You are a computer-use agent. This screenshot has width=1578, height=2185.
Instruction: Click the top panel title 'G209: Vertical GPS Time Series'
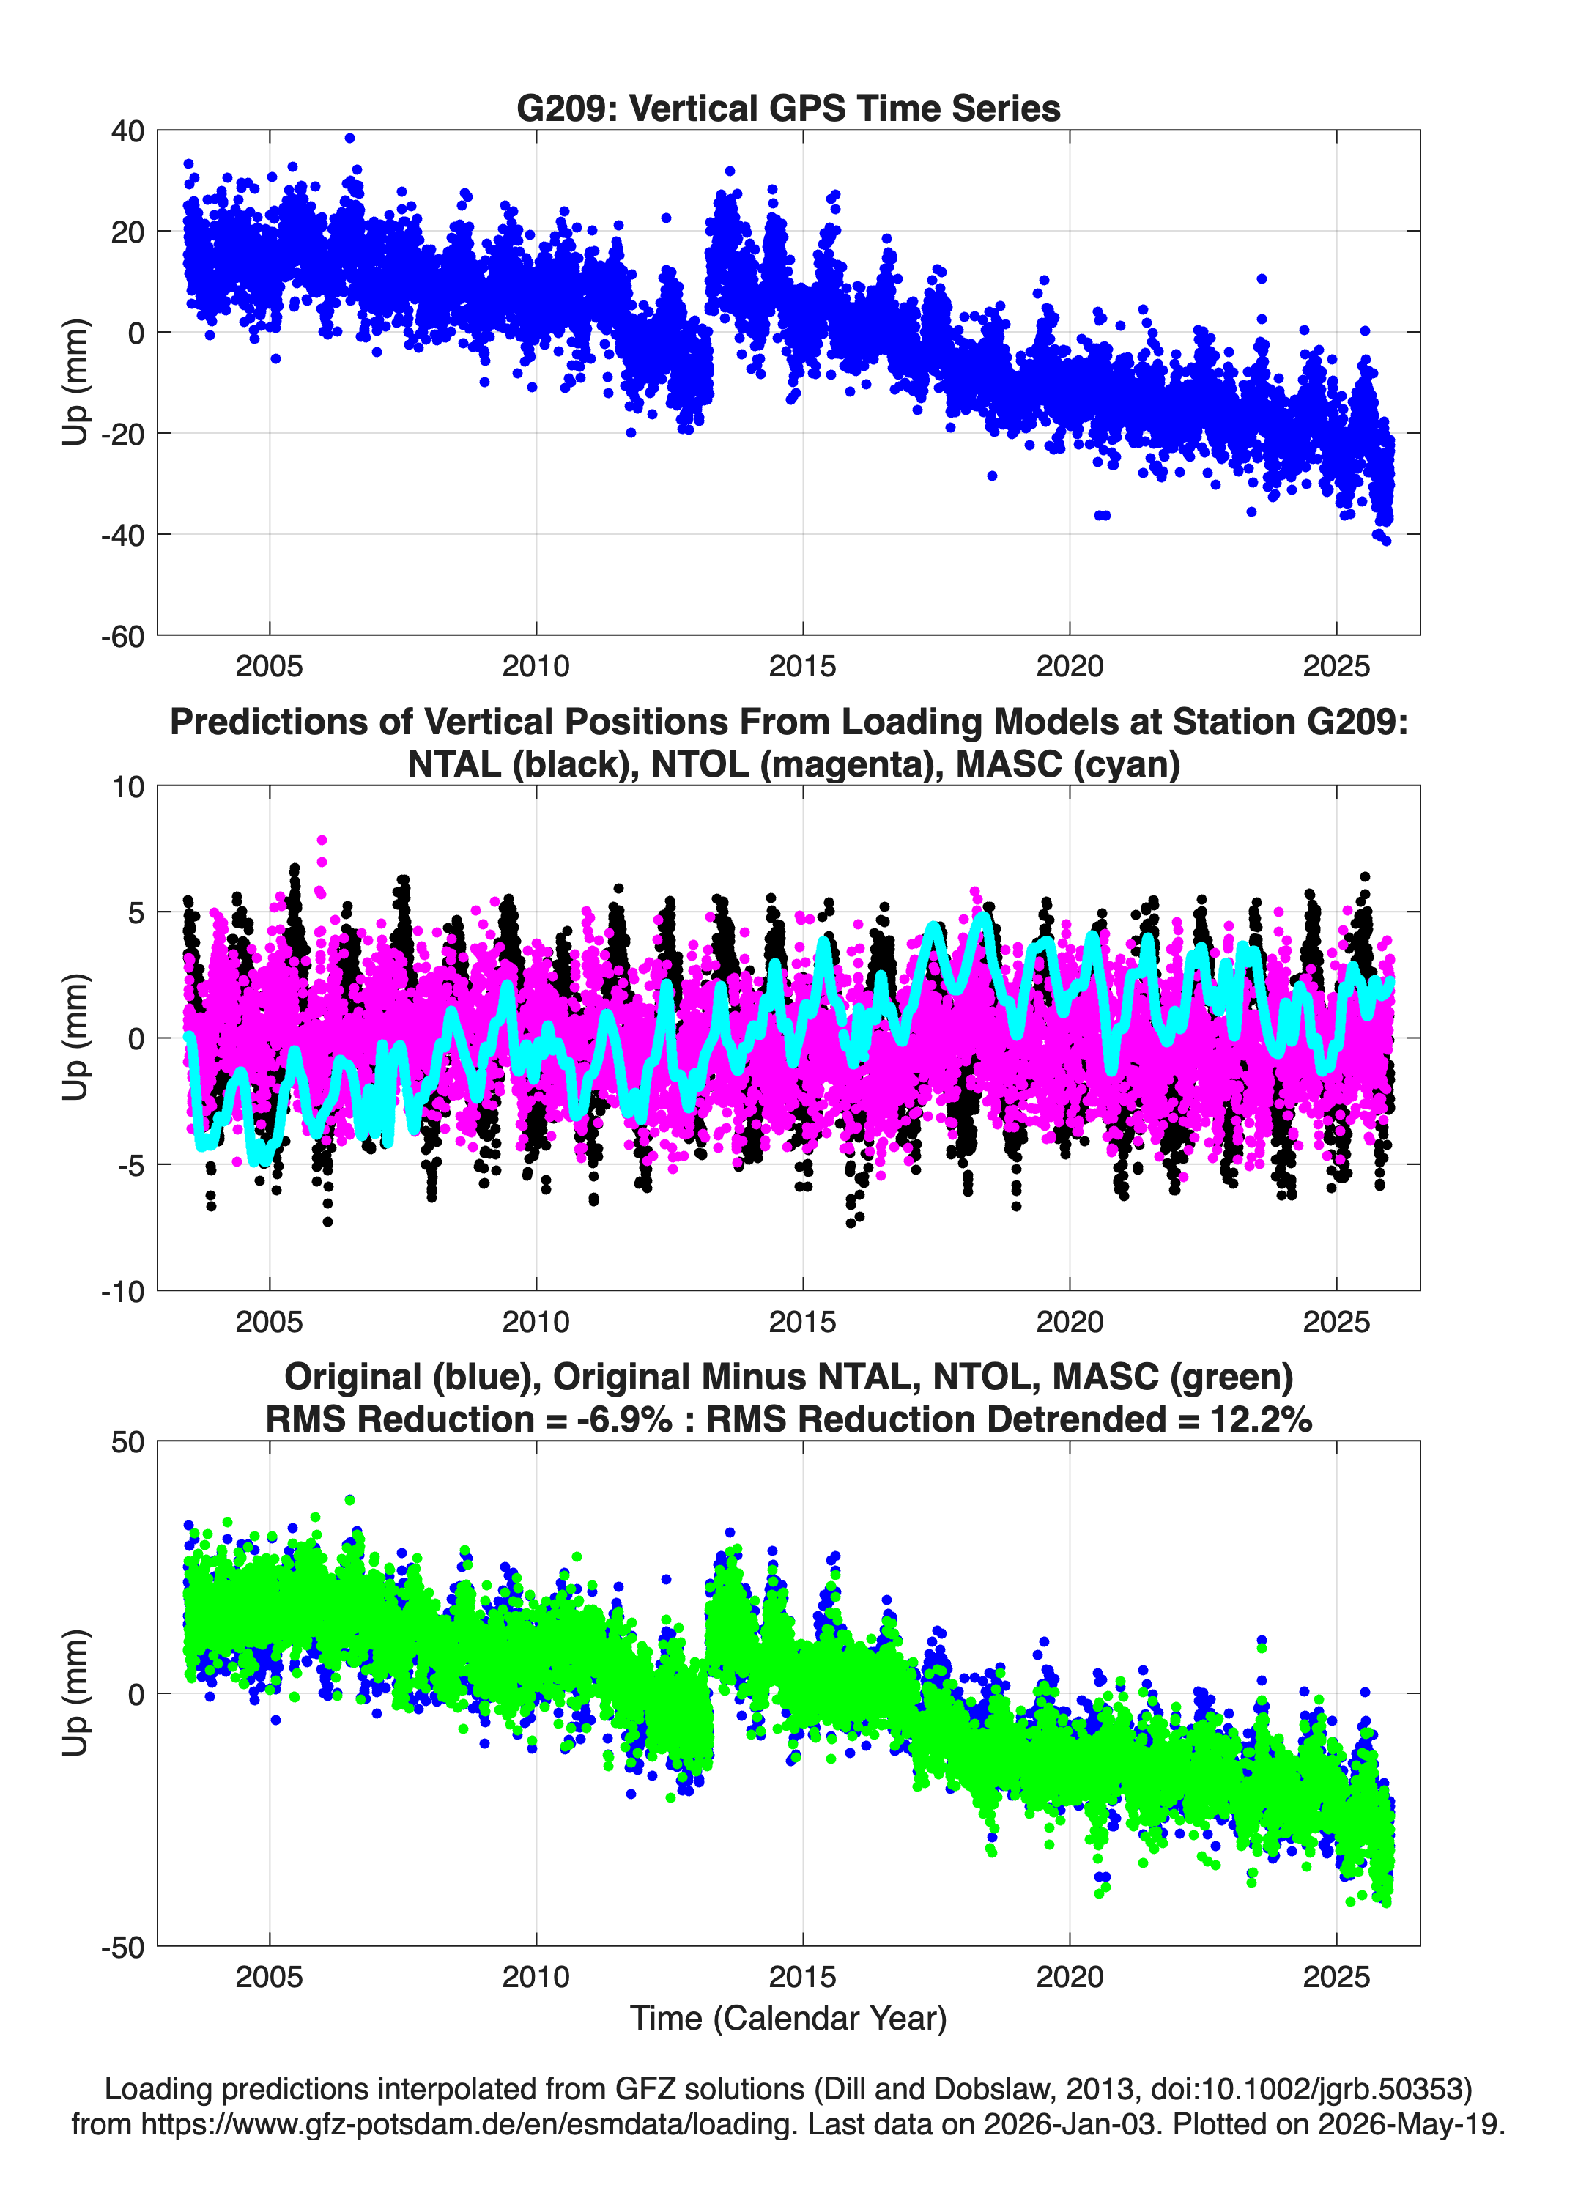pyautogui.click(x=788, y=108)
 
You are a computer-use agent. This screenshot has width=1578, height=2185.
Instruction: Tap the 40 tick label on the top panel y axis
pyautogui.click(x=127, y=131)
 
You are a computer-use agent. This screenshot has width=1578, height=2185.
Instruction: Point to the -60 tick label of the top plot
pyautogui.click(x=122, y=636)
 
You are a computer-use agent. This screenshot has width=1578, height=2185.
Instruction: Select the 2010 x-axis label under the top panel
pyautogui.click(x=536, y=666)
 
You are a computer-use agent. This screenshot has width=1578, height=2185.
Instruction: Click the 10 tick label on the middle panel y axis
pyautogui.click(x=128, y=786)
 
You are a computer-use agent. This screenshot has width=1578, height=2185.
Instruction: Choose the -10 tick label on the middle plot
pyautogui.click(x=122, y=1291)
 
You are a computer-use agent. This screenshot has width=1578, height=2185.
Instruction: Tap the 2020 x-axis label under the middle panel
pyautogui.click(x=1070, y=1321)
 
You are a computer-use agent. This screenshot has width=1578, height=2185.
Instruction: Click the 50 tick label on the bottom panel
pyautogui.click(x=128, y=1442)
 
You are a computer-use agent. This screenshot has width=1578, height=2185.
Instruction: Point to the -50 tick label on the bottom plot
pyautogui.click(x=122, y=1947)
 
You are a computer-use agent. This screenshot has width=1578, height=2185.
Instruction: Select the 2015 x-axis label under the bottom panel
pyautogui.click(x=802, y=1977)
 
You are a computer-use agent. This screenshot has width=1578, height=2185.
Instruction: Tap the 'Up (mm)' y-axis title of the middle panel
pyautogui.click(x=75, y=1038)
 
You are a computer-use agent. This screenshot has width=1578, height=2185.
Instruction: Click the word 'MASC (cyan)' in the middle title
pyautogui.click(x=1067, y=764)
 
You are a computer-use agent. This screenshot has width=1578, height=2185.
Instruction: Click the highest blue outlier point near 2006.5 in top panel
pyautogui.click(x=349, y=138)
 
